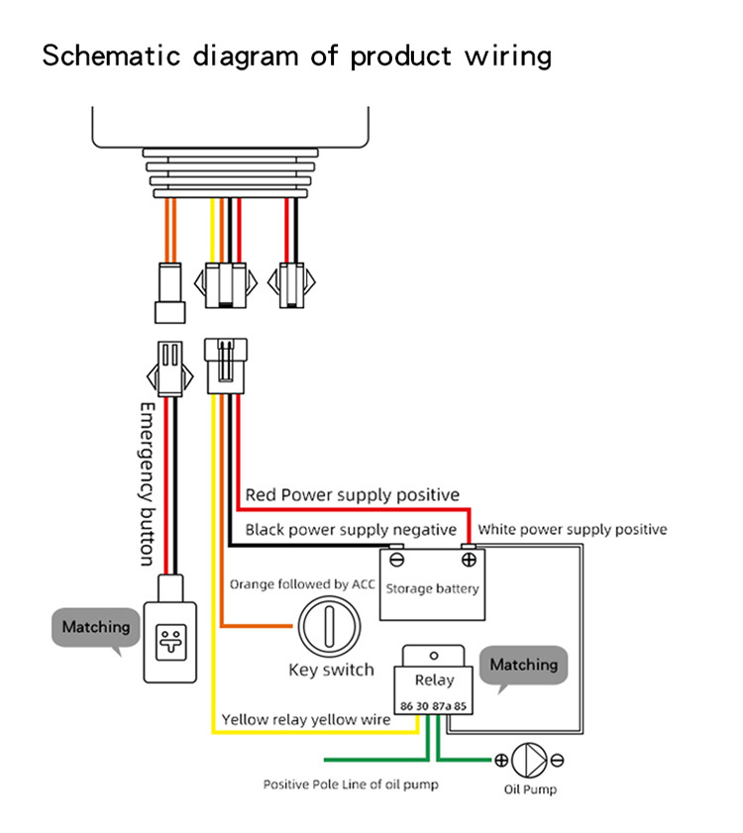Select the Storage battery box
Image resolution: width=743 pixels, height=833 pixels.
point(431,586)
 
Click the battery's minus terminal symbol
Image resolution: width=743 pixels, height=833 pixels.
point(396,560)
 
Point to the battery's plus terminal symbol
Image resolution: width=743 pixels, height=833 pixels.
point(468,560)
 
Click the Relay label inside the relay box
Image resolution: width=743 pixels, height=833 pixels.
point(434,680)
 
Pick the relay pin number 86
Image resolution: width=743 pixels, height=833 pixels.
point(406,706)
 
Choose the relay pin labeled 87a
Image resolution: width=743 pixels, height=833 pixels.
point(442,706)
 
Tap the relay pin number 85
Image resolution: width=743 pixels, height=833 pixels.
point(461,706)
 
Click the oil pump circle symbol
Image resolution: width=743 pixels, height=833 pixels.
point(529,761)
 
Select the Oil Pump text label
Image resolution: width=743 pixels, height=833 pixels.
point(530,789)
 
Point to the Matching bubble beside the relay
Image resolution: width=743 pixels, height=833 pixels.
point(524,666)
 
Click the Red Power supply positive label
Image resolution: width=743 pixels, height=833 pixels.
point(352,494)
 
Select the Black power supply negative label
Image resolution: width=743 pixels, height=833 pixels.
point(351,530)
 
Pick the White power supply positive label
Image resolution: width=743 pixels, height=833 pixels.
point(572,530)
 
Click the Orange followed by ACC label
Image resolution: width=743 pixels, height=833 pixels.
point(302,584)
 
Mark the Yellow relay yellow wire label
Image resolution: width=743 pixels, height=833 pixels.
point(306,720)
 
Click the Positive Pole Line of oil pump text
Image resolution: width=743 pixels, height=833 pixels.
point(351,784)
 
